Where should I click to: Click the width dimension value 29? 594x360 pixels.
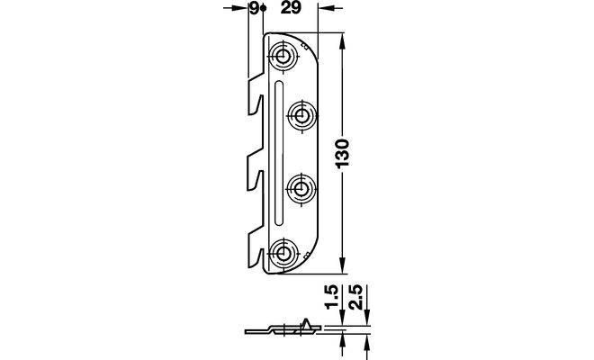coord(291,7)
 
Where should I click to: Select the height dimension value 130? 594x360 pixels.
coord(342,154)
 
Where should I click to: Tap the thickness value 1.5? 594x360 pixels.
coord(331,297)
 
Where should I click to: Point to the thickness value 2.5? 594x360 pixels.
coord(356,297)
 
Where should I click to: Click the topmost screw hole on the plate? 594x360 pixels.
coord(283,58)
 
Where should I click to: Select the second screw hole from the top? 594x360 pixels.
coord(301,115)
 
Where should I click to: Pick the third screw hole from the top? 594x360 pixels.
coord(301,187)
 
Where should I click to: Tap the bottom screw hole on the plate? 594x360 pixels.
coord(282,252)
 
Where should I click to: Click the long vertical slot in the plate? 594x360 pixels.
coord(278,152)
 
